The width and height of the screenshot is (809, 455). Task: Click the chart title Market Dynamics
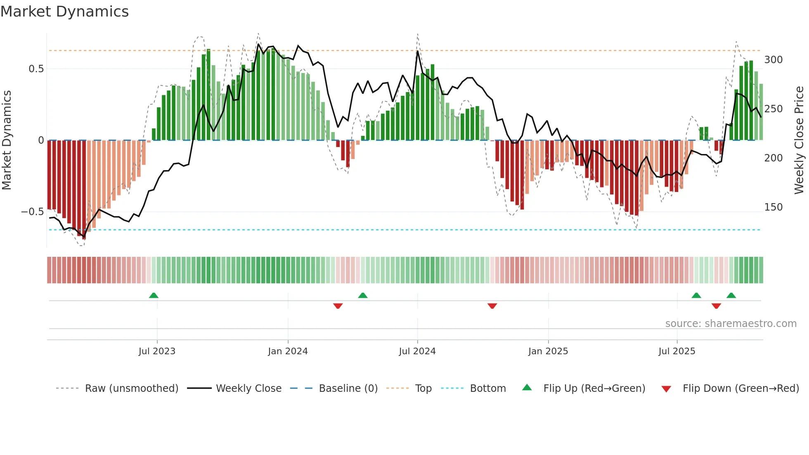point(64,12)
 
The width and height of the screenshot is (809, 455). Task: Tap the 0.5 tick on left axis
point(36,69)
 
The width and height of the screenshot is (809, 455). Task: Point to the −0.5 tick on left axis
point(33,212)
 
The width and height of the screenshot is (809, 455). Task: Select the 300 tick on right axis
point(773,60)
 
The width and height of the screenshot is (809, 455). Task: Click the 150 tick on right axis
point(773,207)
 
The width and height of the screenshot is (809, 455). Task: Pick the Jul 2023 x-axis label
point(157,351)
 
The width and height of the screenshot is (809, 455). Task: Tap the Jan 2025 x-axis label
point(548,351)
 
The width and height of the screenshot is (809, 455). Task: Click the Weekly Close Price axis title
point(799,140)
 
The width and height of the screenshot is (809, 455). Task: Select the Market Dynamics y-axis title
point(7,140)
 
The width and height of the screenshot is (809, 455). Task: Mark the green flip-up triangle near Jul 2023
point(154,295)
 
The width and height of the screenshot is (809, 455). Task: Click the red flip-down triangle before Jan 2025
point(492,306)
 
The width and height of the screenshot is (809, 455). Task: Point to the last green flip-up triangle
point(731,295)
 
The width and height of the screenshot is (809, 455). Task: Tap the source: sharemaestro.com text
point(731,324)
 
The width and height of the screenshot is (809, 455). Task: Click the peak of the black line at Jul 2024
point(417,51)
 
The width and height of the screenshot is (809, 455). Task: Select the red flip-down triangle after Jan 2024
point(338,306)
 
